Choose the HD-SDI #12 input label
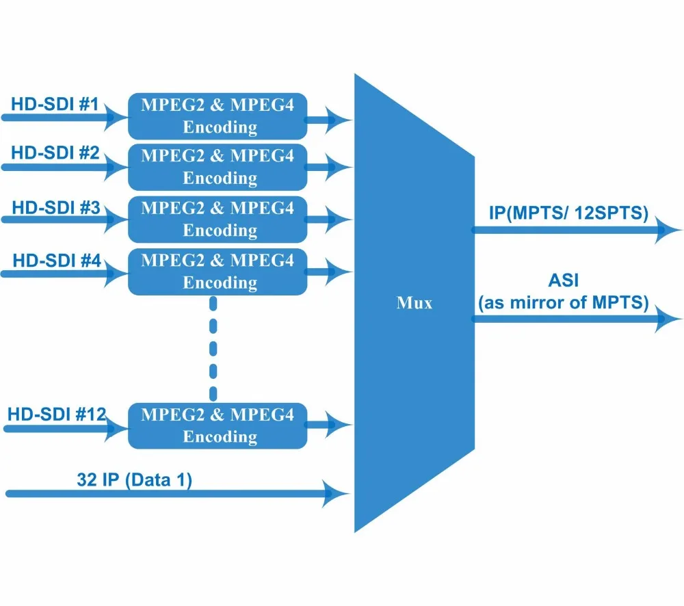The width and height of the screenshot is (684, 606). coord(57,414)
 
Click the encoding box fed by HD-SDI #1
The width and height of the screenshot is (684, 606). coord(218,116)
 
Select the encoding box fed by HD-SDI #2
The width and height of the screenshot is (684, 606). coord(218,167)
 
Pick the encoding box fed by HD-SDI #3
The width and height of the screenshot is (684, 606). coord(218,219)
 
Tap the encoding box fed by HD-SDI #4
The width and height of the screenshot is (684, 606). coord(218,272)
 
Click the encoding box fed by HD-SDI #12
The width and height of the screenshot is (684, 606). coord(218,425)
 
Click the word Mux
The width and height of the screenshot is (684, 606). coord(415,303)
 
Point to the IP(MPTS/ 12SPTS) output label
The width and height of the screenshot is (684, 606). coord(568,213)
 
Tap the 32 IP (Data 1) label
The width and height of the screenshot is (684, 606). coord(134,479)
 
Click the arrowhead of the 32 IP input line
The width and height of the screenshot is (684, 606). coord(338,492)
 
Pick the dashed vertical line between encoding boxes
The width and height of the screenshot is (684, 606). coord(213,349)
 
